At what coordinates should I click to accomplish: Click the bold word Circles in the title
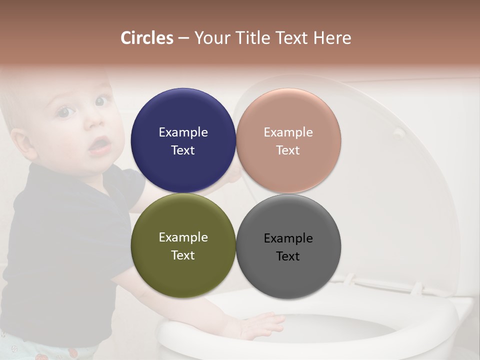pyautogui.click(x=147, y=38)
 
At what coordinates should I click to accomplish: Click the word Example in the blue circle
pyautogui.click(x=183, y=132)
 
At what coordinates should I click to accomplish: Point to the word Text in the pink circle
pyautogui.click(x=288, y=150)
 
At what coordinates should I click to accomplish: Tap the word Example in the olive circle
pyautogui.click(x=183, y=237)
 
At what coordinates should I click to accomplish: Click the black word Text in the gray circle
pyautogui.click(x=288, y=256)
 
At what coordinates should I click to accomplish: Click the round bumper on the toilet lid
pyautogui.click(x=398, y=132)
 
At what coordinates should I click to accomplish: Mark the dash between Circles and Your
pyautogui.click(x=183, y=38)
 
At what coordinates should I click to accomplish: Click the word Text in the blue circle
pyautogui.click(x=183, y=150)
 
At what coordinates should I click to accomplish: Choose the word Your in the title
pyautogui.click(x=210, y=38)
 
